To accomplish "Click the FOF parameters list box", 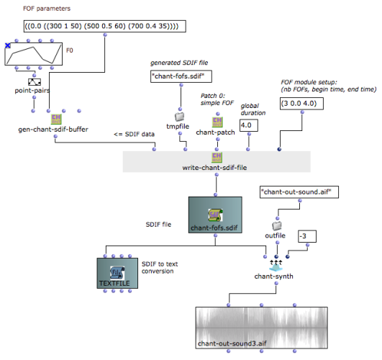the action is point(105,26).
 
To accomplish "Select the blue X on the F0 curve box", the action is point(8,45).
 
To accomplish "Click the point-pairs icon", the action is point(35,82).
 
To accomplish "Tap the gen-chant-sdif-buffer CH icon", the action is point(56,120).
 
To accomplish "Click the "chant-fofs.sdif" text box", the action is point(181,76).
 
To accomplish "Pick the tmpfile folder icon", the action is point(180,117).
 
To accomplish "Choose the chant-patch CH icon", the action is point(217,122).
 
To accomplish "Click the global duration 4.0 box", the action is point(249,125).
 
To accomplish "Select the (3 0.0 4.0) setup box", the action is point(301,104).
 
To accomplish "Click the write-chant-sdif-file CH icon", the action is point(217,158).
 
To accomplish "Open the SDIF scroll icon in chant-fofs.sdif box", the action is point(215,215).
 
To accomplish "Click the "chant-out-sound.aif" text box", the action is point(299,192).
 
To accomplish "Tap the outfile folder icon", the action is point(277,226).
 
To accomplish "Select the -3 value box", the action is point(307,236).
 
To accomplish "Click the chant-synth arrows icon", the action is point(276,266).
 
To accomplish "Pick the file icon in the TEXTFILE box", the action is point(117,273).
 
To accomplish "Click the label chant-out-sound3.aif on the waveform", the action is point(232,343).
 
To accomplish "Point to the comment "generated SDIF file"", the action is point(179,63).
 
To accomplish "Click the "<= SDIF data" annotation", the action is point(134,134).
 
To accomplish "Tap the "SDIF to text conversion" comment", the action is point(160,268).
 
